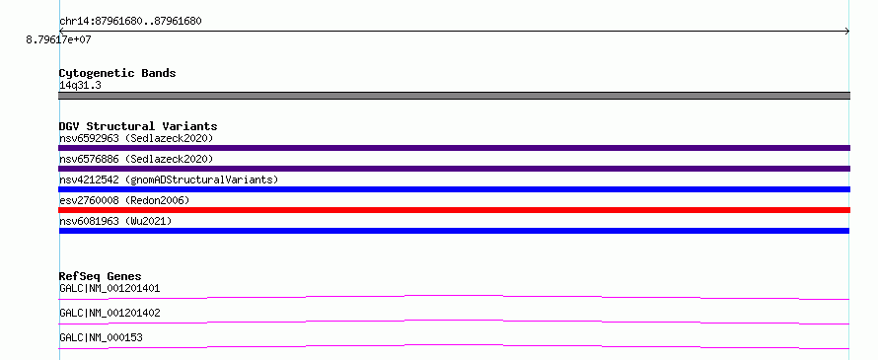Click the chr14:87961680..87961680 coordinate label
click(x=130, y=22)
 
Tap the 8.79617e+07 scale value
click(x=58, y=40)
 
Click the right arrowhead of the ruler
click(x=847, y=32)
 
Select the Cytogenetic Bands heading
click(x=117, y=73)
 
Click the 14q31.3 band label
click(x=80, y=86)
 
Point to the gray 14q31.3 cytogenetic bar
click(x=454, y=96)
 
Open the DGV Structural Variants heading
click(x=138, y=126)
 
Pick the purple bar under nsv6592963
click(x=454, y=148)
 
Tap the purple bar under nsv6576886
click(x=454, y=169)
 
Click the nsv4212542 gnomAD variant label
click(x=169, y=180)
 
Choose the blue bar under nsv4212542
click(x=454, y=189)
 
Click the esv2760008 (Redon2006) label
click(x=124, y=200)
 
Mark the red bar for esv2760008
click(x=454, y=210)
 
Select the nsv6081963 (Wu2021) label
click(x=115, y=221)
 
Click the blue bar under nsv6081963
click(x=454, y=231)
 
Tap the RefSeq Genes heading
click(x=101, y=276)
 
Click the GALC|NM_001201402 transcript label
click(x=110, y=313)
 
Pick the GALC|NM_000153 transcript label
click(x=101, y=337)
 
